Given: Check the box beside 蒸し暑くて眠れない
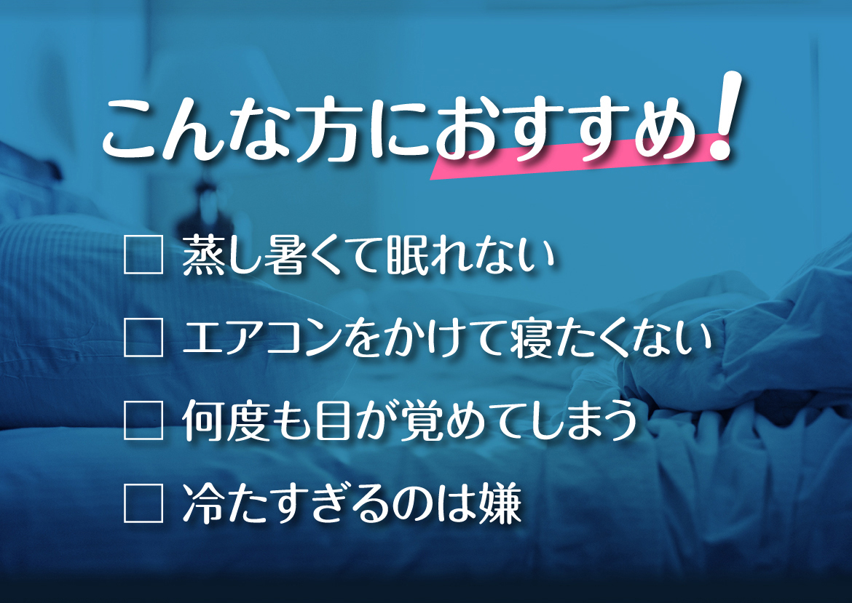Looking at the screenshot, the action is pyautogui.click(x=143, y=254).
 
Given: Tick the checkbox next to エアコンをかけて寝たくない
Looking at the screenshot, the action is pyautogui.click(x=143, y=337).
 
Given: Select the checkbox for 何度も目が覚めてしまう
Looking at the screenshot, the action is pyautogui.click(x=143, y=420).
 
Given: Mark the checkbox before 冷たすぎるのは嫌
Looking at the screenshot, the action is pyautogui.click(x=143, y=503).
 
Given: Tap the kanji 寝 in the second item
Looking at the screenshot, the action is pyautogui.click(x=531, y=338).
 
